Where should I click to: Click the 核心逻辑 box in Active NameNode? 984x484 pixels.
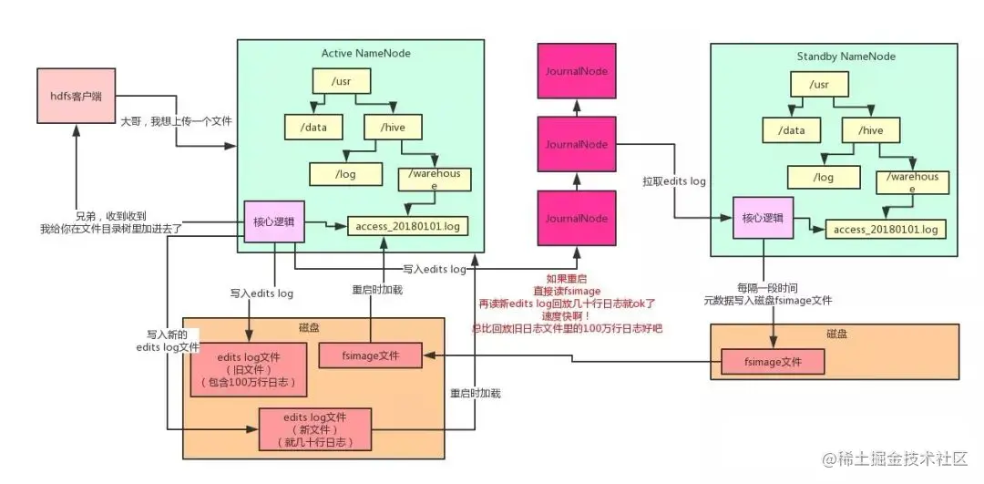[x=273, y=221]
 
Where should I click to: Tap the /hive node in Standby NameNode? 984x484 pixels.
[x=872, y=130]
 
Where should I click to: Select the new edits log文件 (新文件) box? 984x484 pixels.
[x=316, y=428]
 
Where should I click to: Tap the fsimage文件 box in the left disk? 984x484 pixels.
[x=371, y=355]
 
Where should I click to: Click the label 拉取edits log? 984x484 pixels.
[x=674, y=181]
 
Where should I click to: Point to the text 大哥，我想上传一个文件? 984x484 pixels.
[x=177, y=120]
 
